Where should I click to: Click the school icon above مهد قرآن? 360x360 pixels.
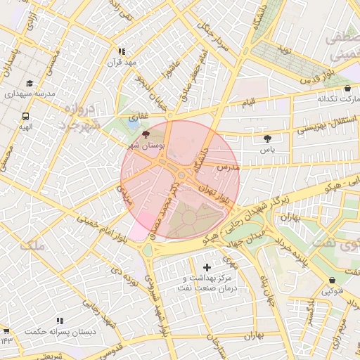(x=122, y=51)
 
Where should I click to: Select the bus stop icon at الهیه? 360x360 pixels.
(x=26, y=116)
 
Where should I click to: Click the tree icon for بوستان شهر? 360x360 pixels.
(x=146, y=134)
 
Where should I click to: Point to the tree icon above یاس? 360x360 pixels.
(x=267, y=139)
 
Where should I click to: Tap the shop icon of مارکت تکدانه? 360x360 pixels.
(x=349, y=89)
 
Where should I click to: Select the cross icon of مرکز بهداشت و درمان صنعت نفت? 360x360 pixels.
(x=207, y=267)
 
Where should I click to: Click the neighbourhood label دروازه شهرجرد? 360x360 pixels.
(x=81, y=117)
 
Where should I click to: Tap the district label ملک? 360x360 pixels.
(x=32, y=245)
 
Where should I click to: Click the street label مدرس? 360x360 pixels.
(x=229, y=168)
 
